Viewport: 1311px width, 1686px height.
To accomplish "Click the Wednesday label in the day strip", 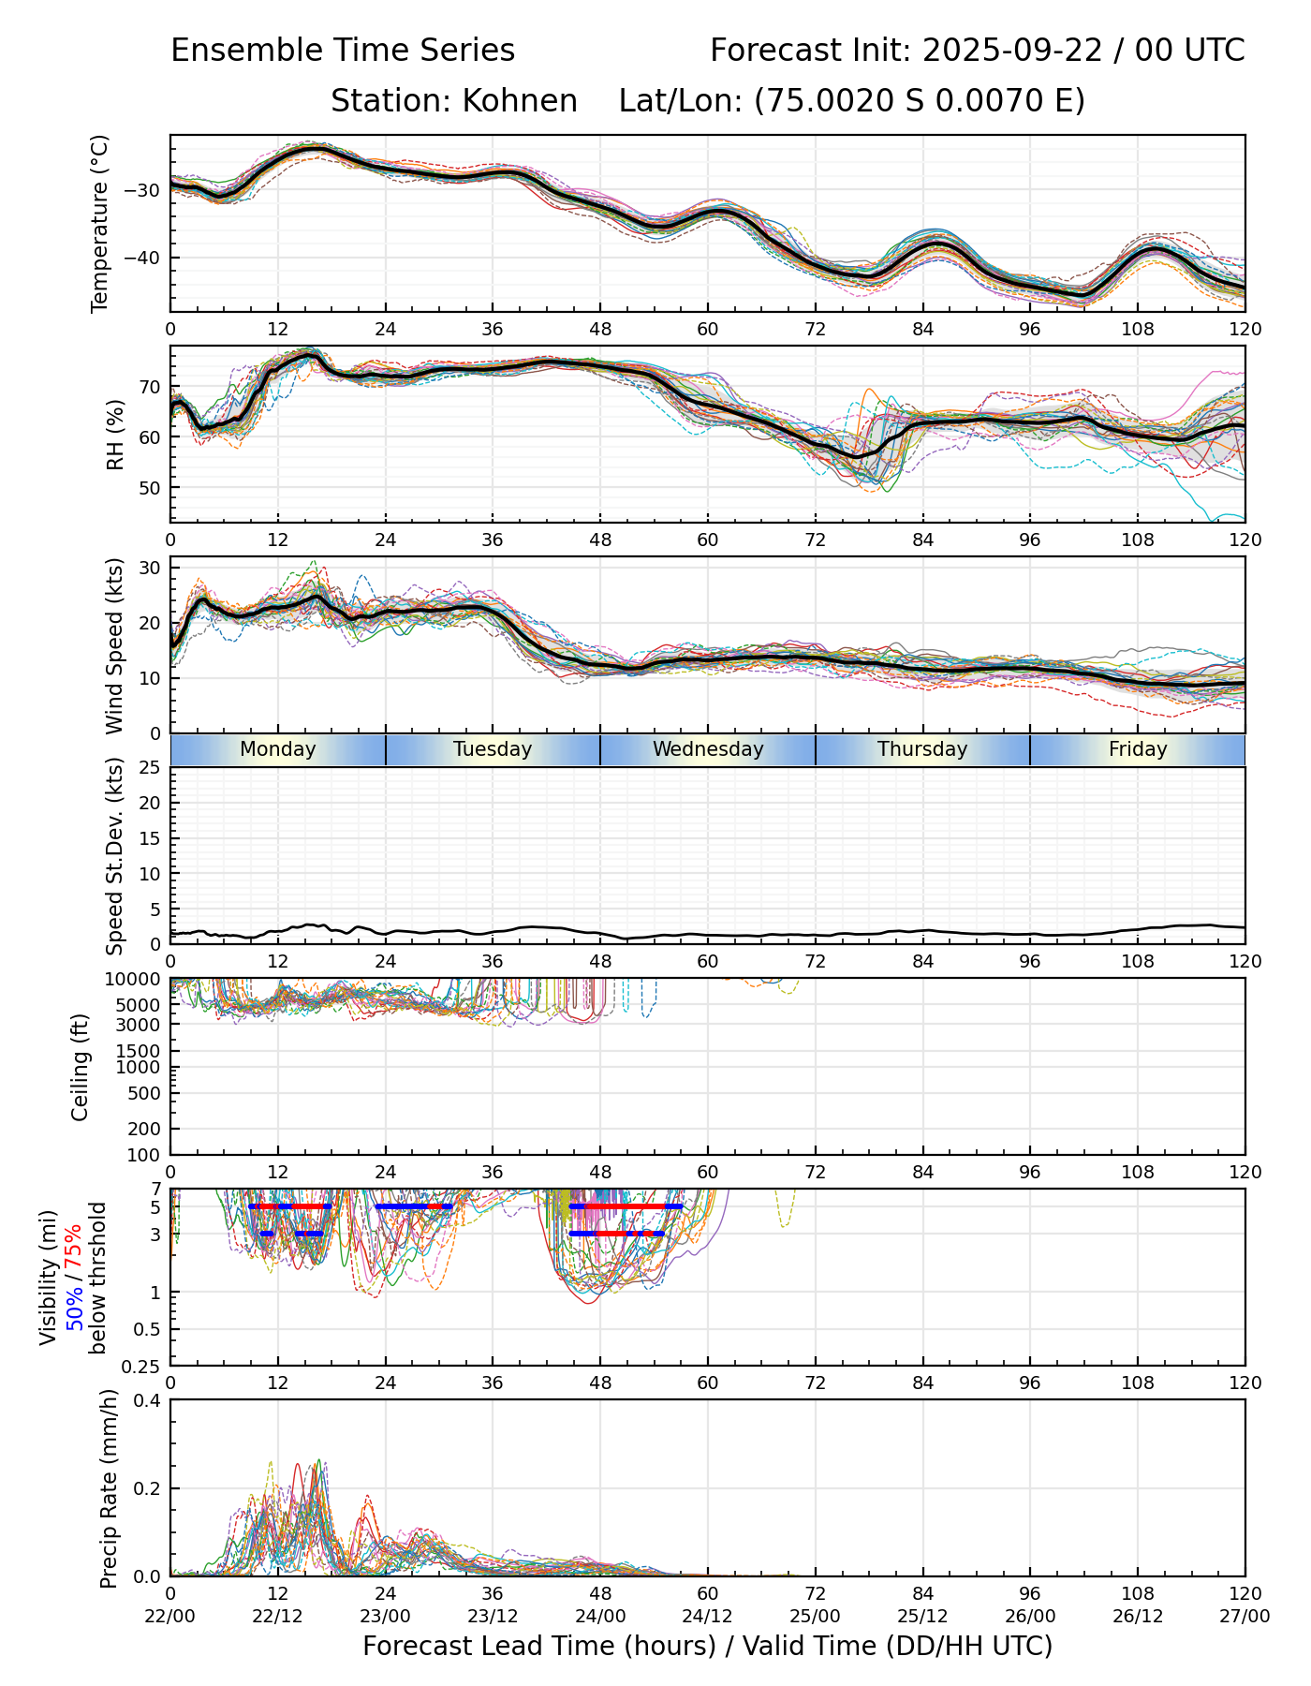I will point(708,749).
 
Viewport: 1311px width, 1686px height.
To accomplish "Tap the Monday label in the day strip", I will point(278,749).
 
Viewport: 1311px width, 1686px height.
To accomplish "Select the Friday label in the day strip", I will point(1138,749).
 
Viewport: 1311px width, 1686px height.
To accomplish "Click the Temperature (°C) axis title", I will point(100,223).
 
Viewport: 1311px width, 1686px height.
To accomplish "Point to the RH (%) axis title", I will point(115,434).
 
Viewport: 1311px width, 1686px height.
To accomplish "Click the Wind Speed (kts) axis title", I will point(115,645).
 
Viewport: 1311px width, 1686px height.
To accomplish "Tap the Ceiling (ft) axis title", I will point(81,1067).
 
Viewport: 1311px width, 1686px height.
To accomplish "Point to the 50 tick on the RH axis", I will point(150,488).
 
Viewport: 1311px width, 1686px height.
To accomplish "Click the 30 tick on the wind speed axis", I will point(150,568).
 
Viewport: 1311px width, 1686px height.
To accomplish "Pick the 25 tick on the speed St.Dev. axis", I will point(150,768).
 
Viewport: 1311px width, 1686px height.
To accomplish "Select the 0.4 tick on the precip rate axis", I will point(148,1400).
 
